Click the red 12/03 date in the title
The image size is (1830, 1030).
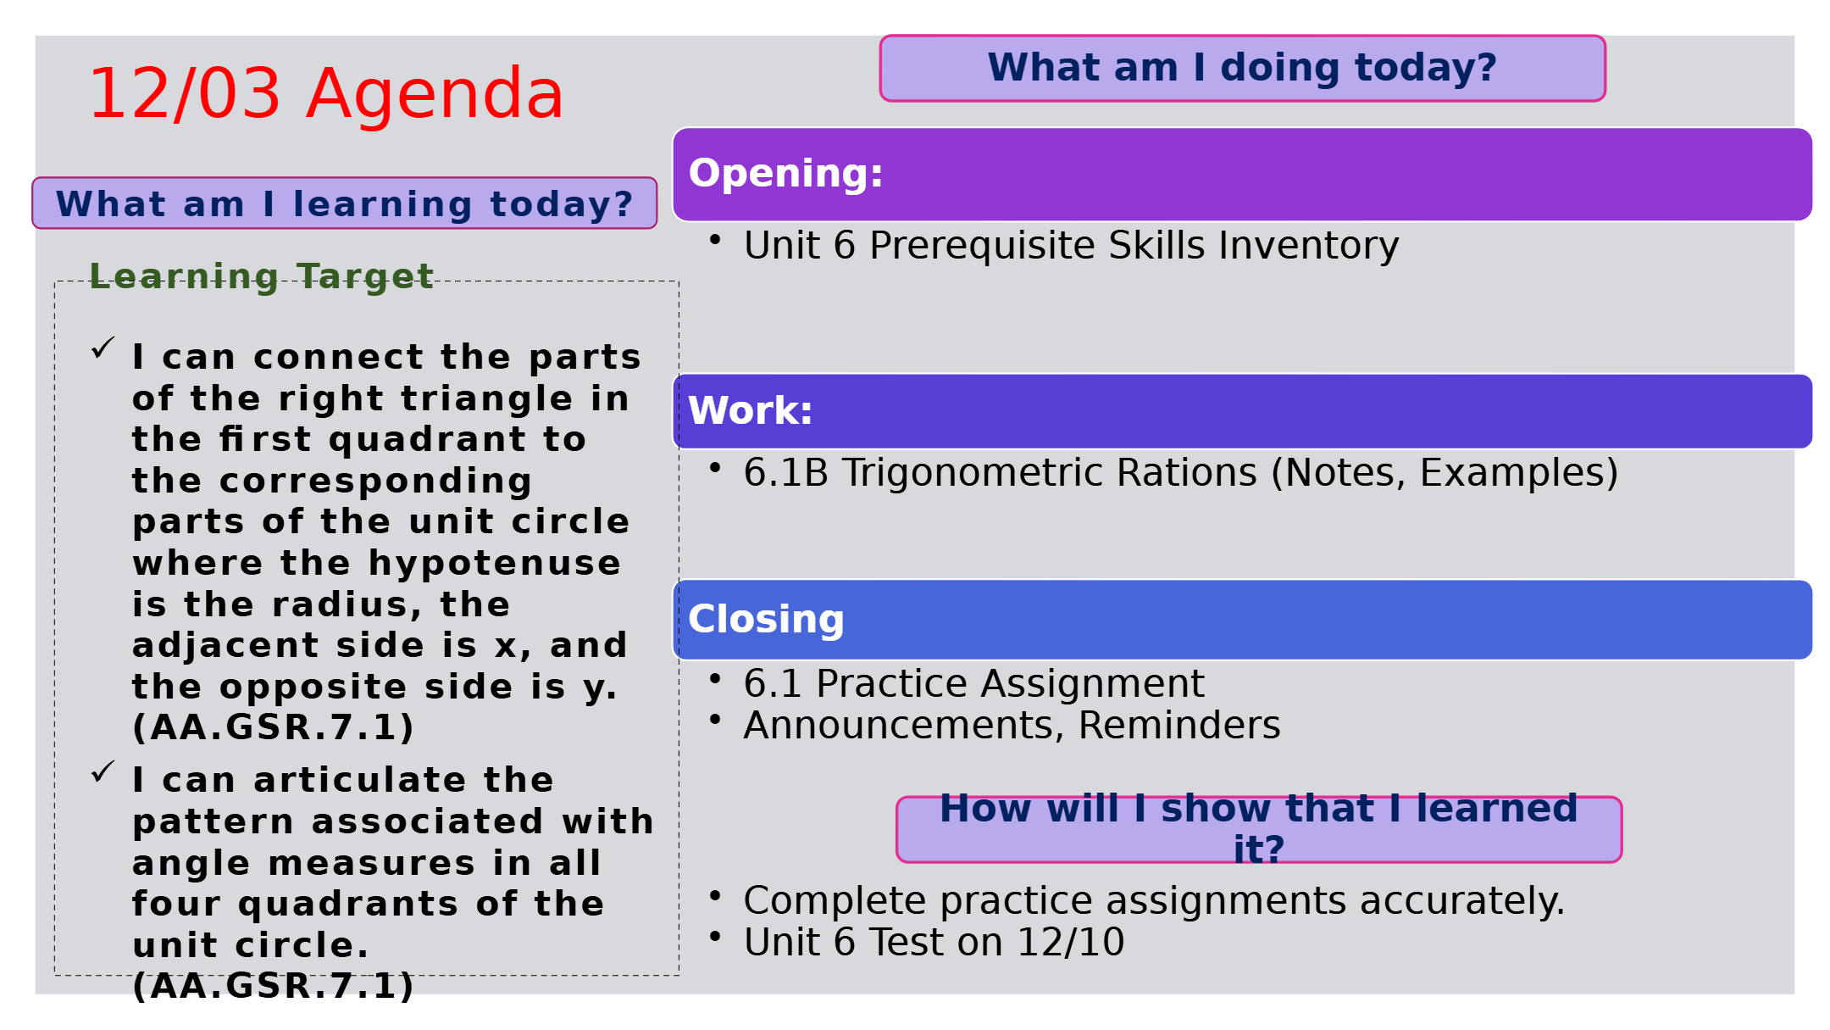coord(185,93)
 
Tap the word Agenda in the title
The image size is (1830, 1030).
coord(435,93)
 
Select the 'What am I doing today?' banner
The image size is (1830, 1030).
coord(1242,68)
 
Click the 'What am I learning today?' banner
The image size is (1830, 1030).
coord(344,203)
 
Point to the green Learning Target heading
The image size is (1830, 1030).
coord(262,276)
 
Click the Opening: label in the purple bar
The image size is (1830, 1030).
coord(785,174)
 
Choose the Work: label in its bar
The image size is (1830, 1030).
coord(750,411)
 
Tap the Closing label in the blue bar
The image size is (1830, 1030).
coord(766,620)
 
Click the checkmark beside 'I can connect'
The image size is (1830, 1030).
coord(103,348)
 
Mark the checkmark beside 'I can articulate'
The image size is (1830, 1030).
coord(103,771)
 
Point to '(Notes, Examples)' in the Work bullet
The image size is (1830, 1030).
coord(1445,473)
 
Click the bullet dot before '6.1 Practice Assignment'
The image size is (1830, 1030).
coord(715,678)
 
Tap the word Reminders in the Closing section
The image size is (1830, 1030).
coord(1179,726)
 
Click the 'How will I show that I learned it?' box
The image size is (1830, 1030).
coord(1259,829)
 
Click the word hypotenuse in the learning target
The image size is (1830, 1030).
coord(494,563)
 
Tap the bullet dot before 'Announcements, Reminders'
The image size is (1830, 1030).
coord(715,720)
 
